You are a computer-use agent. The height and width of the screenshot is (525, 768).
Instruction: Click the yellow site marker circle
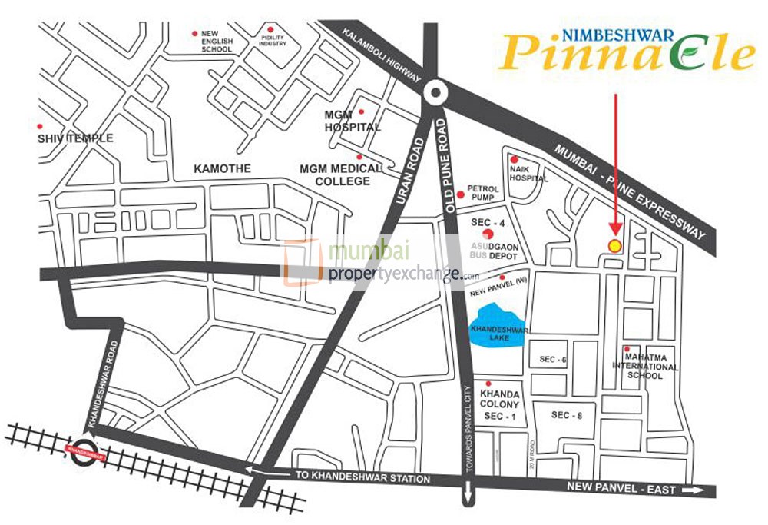614,245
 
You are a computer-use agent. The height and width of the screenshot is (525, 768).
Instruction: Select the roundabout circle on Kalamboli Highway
435,93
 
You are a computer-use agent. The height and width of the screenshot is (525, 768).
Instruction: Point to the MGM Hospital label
352,121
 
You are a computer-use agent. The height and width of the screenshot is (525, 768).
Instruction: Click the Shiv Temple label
75,138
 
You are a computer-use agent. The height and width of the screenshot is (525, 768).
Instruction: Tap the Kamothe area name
202,168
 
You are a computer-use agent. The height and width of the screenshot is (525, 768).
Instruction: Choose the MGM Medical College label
340,174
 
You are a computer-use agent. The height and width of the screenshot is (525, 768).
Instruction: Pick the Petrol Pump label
484,193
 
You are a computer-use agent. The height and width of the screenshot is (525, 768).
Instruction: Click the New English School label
216,42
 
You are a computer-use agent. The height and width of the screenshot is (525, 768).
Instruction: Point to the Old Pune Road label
451,162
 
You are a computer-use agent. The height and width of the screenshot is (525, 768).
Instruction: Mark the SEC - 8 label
567,415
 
